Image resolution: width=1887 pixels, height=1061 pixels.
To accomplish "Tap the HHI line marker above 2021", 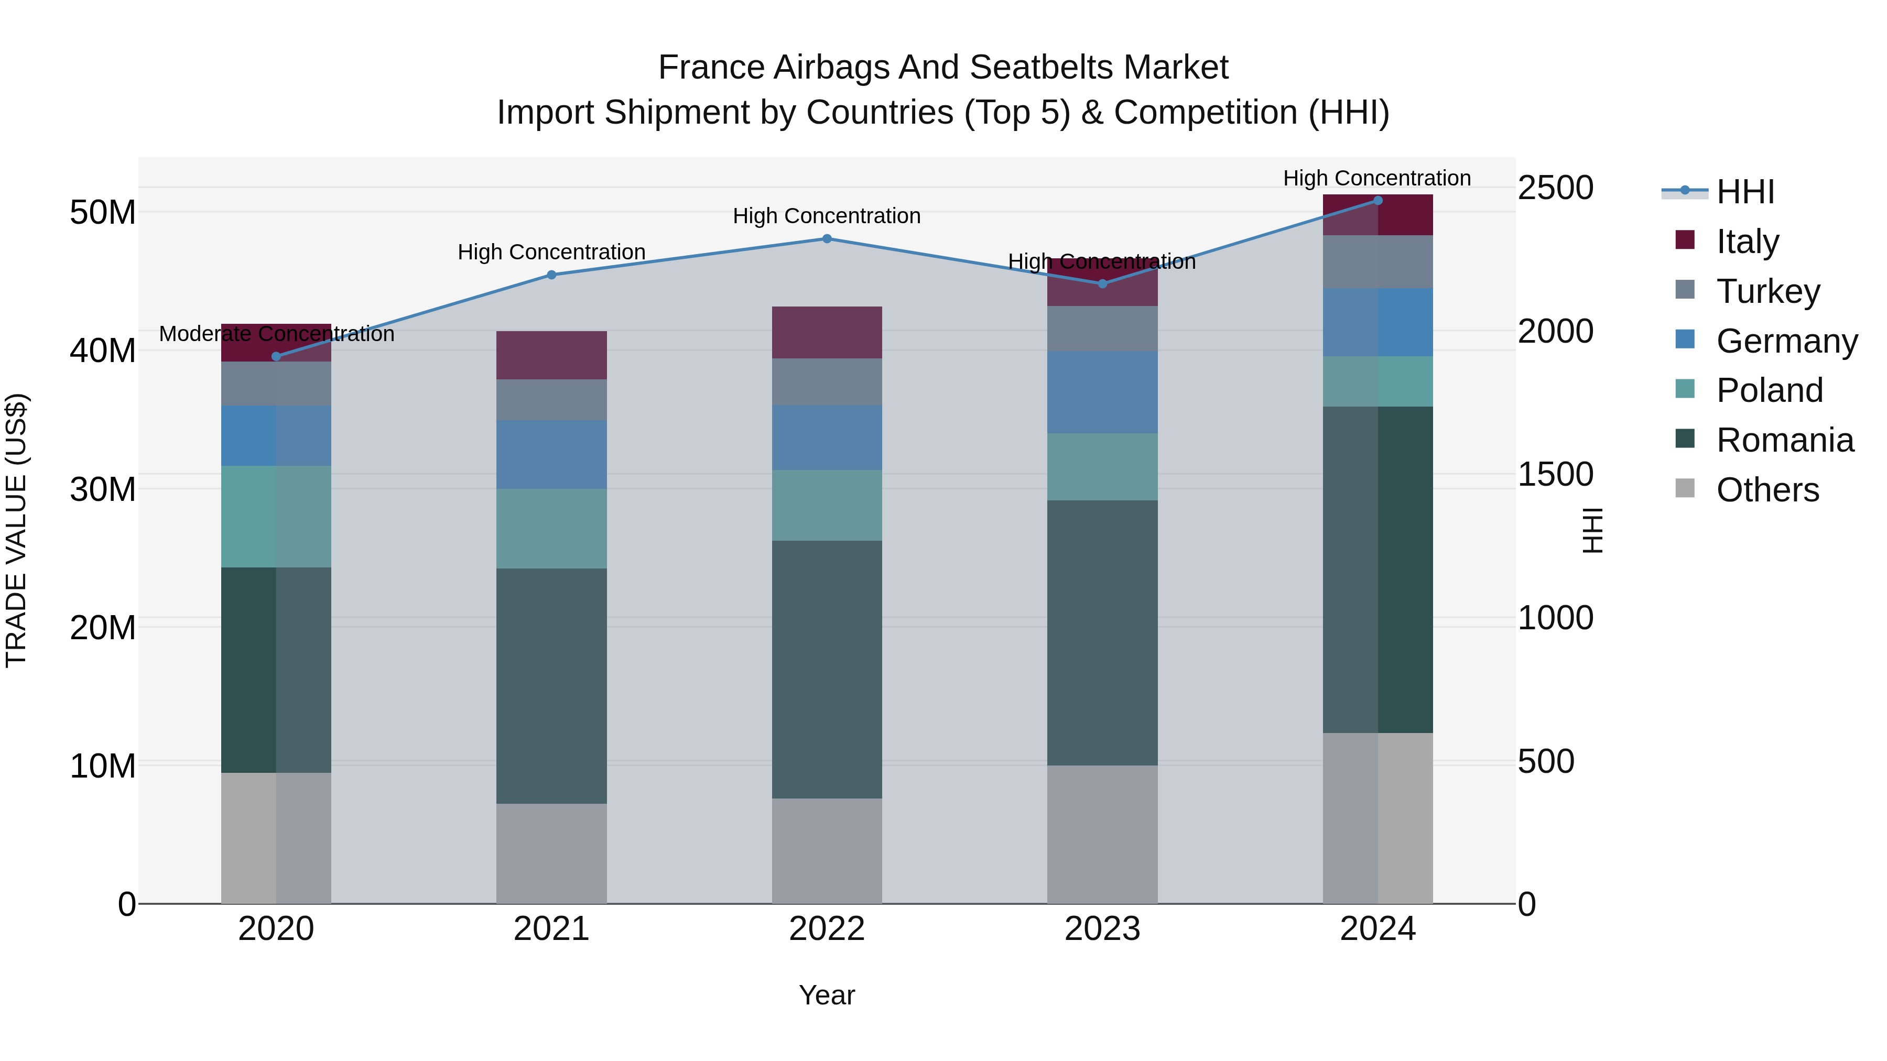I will [x=551, y=275].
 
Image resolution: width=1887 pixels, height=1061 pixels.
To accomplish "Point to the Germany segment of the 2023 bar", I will [x=1102, y=392].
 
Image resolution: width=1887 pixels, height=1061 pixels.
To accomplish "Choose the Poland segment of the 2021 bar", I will [x=551, y=529].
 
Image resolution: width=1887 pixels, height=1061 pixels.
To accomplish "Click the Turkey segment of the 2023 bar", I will [x=1102, y=328].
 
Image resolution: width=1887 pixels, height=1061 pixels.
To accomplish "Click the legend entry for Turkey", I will [x=1767, y=291].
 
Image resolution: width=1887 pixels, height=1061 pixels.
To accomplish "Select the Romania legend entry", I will [x=1784, y=440].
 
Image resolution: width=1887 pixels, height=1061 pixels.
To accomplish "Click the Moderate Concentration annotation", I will [x=276, y=334].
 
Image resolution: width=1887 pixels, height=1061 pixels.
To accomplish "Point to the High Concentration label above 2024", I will [x=1376, y=178].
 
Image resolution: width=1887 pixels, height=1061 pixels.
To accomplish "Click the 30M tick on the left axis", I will [x=103, y=489].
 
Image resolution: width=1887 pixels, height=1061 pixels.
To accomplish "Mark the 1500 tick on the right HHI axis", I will [x=1555, y=475].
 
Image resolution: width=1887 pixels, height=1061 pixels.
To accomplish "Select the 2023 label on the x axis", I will [x=1102, y=929].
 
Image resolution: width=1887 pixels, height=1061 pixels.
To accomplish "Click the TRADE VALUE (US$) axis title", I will [x=16, y=530].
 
